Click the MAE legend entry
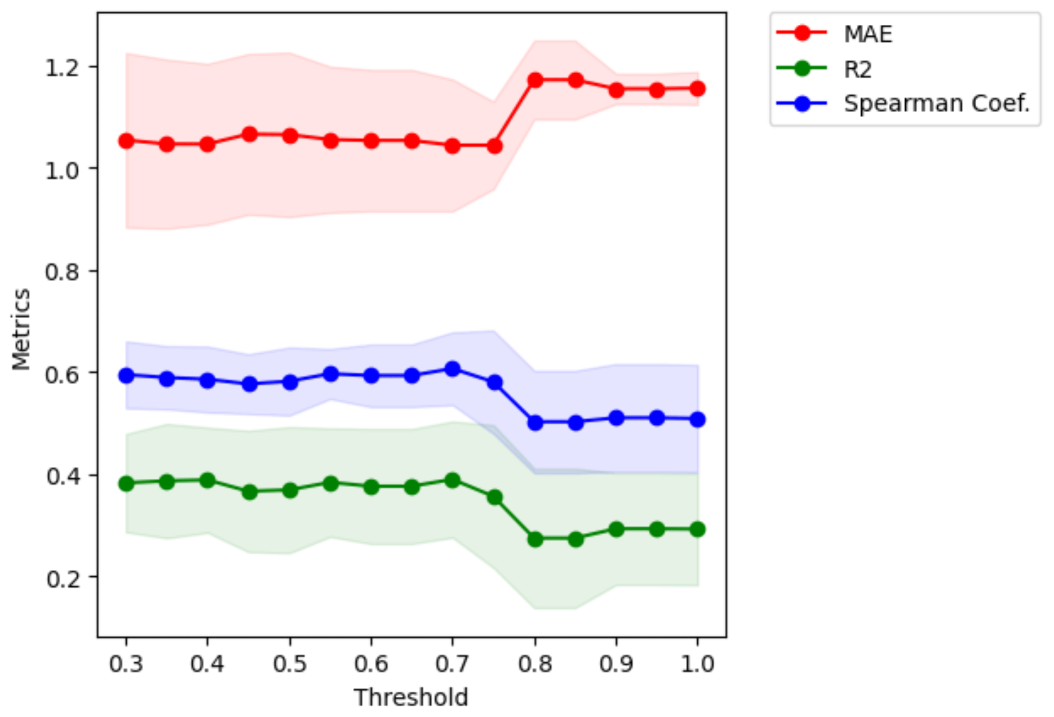click(867, 34)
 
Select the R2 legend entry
click(857, 70)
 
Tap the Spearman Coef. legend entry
click(936, 104)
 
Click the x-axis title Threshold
click(411, 697)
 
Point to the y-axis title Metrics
click(21, 329)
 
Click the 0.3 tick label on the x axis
click(126, 664)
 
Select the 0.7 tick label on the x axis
click(452, 664)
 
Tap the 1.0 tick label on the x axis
click(697, 664)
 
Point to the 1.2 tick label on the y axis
click(63, 68)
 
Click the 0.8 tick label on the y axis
click(63, 272)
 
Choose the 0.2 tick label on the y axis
click(63, 578)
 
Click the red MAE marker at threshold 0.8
click(535, 80)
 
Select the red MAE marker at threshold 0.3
click(126, 141)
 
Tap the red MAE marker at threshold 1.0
click(697, 88)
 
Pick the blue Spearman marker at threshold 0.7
click(452, 369)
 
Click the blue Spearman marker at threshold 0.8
click(535, 422)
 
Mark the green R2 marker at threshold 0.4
click(207, 480)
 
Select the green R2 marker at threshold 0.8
click(535, 539)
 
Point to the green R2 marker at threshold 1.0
click(697, 529)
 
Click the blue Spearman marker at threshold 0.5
click(290, 382)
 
